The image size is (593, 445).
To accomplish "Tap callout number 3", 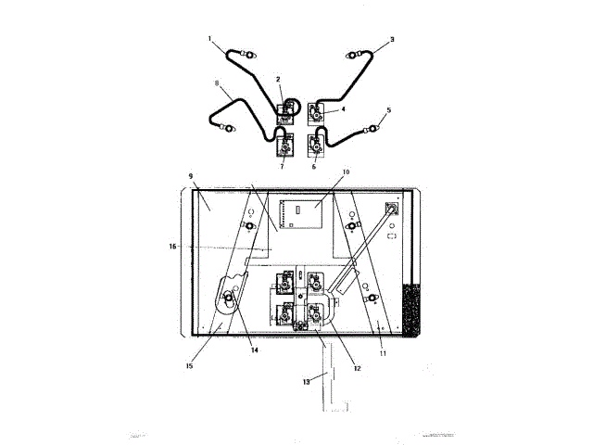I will [392, 40].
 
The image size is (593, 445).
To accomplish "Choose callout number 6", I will [314, 167].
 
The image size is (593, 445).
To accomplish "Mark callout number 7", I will [282, 167].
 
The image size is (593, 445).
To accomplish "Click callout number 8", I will [217, 84].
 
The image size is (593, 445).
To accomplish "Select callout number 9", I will [191, 175].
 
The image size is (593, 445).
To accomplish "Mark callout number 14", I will [254, 350].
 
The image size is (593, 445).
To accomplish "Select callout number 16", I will [171, 247].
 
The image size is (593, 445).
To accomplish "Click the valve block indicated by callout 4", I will [317, 115].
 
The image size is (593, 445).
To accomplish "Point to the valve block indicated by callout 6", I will [317, 146].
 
